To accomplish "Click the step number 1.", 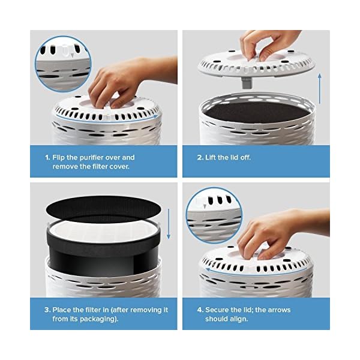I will point(47,158).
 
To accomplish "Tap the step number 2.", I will point(200,158).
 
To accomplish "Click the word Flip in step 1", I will point(60,158).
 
